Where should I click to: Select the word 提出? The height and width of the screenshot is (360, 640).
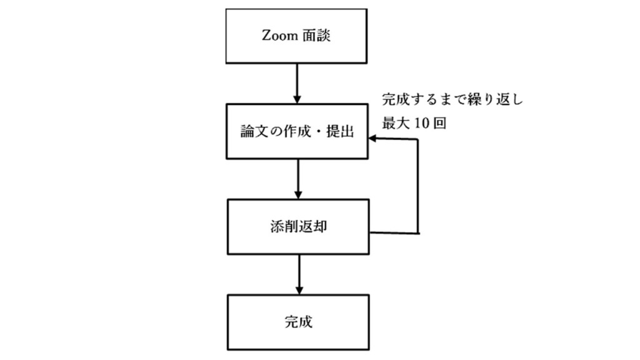coord(340,131)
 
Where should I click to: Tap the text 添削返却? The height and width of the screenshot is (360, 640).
coord(298,227)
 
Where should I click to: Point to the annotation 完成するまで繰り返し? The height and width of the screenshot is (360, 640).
coord(452,99)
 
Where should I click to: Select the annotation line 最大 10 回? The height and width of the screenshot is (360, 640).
coord(414,123)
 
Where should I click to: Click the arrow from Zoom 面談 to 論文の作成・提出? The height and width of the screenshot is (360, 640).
coord(297,84)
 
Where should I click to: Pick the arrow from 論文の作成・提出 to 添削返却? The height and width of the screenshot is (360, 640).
coord(298,179)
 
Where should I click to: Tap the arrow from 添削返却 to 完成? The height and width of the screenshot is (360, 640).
coord(299,275)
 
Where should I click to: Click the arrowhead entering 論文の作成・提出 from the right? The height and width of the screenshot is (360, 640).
coord(372,139)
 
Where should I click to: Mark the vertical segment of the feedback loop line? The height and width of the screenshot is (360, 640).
coord(417,186)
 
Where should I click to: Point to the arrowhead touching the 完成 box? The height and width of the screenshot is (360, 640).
coord(299,291)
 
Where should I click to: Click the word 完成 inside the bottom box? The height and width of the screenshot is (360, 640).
coord(298,322)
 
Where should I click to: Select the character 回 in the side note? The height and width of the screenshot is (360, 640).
coord(439,123)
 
